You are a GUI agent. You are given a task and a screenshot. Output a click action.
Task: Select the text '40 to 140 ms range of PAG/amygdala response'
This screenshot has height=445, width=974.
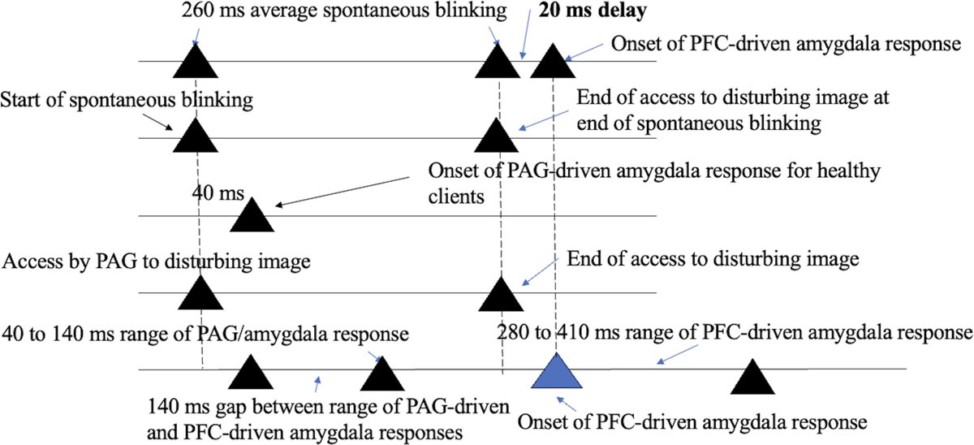coord(205,333)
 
